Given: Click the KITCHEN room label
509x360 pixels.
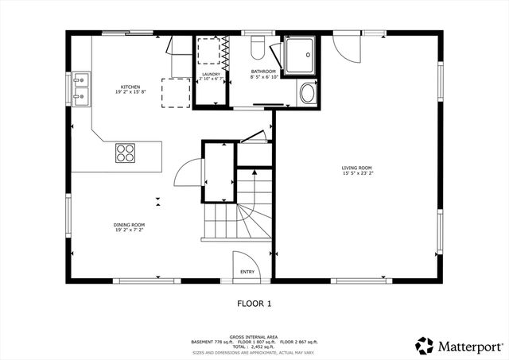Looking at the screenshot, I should click(x=131, y=87).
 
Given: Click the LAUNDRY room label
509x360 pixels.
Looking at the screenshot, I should click(x=210, y=75).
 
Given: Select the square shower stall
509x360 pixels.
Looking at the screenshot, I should click(x=301, y=52).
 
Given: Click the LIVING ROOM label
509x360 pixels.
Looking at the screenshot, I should click(x=357, y=168).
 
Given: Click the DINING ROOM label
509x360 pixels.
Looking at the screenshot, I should click(x=129, y=225).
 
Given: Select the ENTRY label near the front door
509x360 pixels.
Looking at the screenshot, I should click(x=248, y=271).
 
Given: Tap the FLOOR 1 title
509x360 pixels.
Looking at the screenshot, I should click(x=254, y=303).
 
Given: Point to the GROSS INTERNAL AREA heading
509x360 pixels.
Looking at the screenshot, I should click(x=254, y=337).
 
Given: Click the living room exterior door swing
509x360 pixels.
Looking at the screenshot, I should click(x=348, y=49).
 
